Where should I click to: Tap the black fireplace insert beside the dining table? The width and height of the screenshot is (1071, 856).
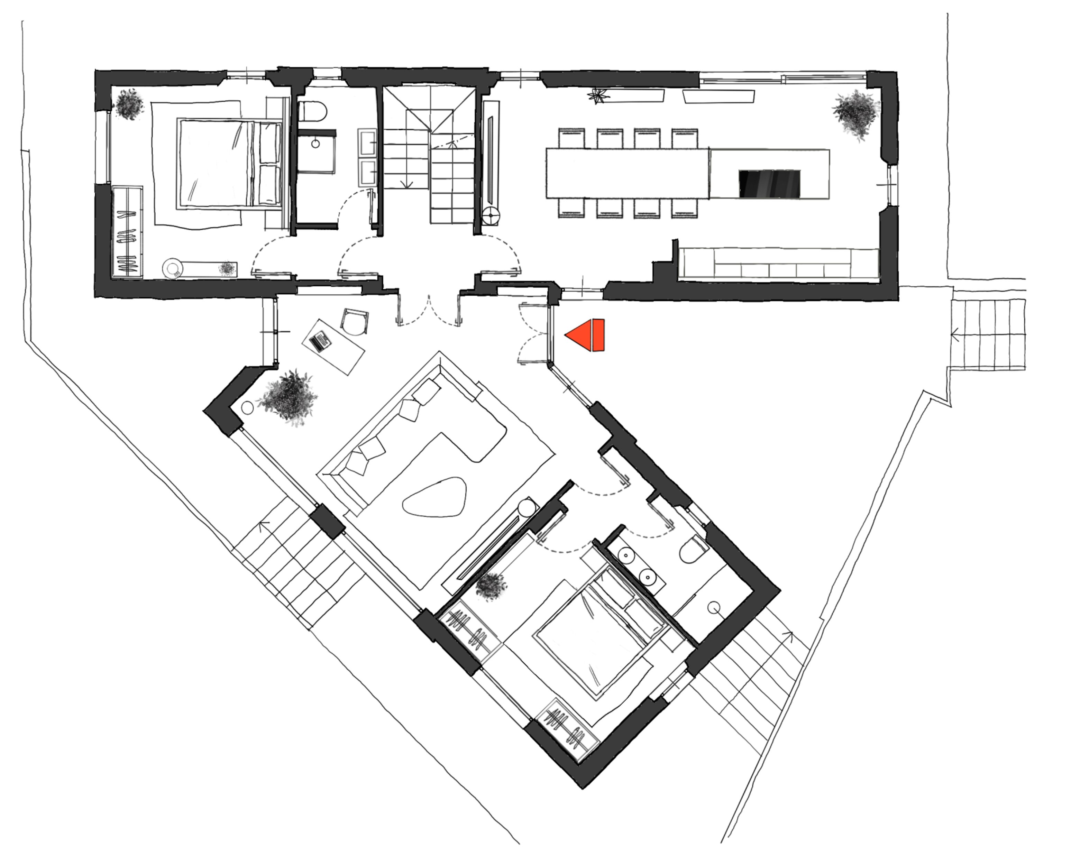pos(769,184)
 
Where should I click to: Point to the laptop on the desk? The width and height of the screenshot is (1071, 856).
pos(320,342)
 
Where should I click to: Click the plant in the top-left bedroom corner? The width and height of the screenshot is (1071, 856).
pos(129,104)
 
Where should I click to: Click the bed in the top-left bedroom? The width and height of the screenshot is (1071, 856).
pos(229,164)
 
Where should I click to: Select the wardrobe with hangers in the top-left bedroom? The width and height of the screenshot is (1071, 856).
pos(127,232)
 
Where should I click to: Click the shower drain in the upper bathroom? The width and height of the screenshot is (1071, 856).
pos(315,144)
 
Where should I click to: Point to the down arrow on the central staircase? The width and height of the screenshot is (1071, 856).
pos(408,184)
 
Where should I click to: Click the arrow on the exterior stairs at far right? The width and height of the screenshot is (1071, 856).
pos(955,336)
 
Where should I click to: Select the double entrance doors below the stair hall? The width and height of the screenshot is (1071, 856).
pos(429,310)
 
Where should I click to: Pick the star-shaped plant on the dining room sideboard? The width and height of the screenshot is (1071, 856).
pos(596,95)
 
